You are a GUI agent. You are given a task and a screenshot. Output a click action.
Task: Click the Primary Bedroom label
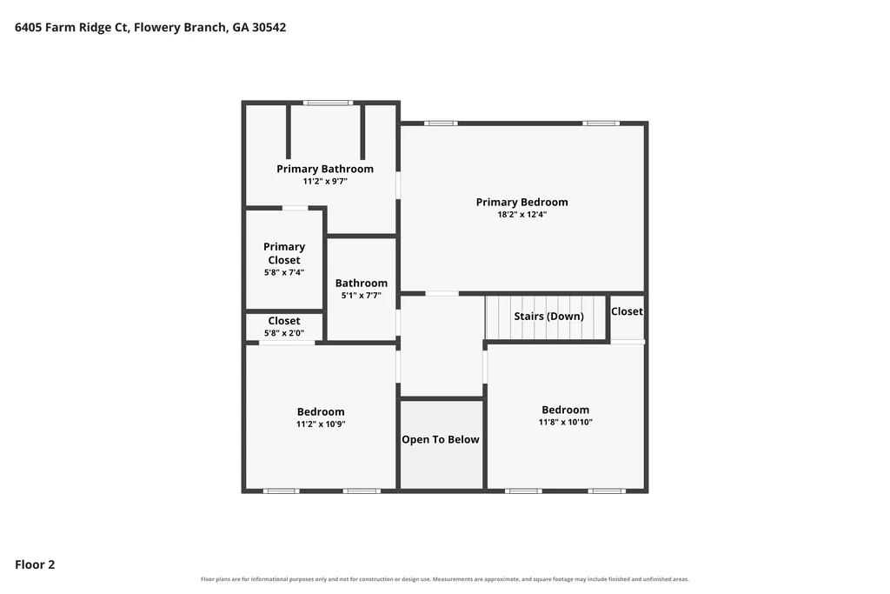click(521, 202)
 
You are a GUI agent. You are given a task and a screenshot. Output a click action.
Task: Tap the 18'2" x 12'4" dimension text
click(521, 215)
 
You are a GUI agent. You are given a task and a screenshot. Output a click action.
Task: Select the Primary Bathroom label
click(325, 169)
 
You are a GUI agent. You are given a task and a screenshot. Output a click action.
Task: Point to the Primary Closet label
click(284, 253)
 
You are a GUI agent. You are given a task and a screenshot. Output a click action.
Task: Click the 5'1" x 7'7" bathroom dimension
click(361, 296)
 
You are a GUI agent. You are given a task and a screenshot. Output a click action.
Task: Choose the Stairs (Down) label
click(549, 317)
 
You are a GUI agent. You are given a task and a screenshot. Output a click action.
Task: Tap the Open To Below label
click(441, 439)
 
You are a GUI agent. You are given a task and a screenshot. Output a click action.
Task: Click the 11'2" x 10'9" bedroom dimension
click(321, 424)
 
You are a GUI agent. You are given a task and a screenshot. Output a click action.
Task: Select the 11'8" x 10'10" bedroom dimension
click(565, 422)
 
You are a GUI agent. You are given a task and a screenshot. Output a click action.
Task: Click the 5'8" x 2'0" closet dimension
click(284, 333)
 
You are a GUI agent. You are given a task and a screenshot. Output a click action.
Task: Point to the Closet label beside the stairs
click(627, 311)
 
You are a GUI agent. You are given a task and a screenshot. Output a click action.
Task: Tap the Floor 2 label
click(35, 564)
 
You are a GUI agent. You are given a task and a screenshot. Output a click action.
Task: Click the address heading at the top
click(150, 27)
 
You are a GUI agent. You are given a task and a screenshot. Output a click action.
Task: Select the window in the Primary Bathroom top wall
click(328, 103)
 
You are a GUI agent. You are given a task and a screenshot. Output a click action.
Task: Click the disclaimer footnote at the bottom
click(445, 579)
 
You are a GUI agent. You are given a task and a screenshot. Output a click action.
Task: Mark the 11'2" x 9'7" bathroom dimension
click(325, 182)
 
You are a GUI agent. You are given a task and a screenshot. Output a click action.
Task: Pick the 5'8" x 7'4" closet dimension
click(284, 272)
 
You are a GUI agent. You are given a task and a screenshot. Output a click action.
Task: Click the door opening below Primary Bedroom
click(442, 294)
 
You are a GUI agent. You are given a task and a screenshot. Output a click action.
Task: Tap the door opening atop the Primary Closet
click(296, 209)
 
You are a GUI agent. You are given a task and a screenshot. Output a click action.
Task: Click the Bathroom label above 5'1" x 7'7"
click(361, 283)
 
